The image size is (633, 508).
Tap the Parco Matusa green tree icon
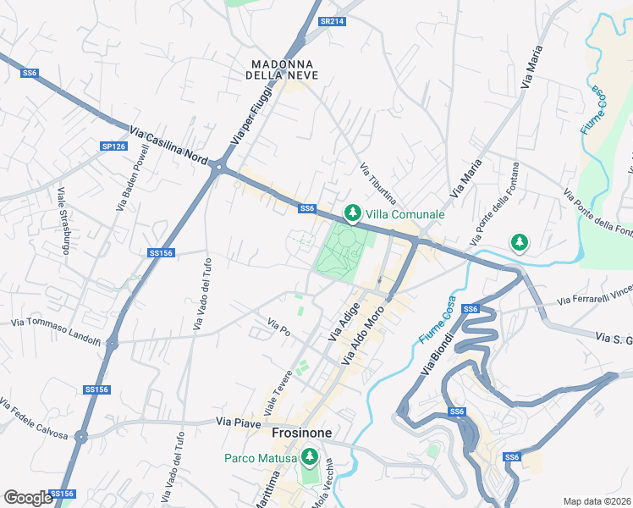pos(309,458)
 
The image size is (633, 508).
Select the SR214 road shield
pos(333,21)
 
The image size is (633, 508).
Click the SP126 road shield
pos(113,146)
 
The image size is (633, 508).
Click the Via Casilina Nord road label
pos(169,146)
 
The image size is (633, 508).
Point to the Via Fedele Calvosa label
pos(34,418)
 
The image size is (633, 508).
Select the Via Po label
pos(278,327)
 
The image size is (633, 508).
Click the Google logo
pos(28,498)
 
